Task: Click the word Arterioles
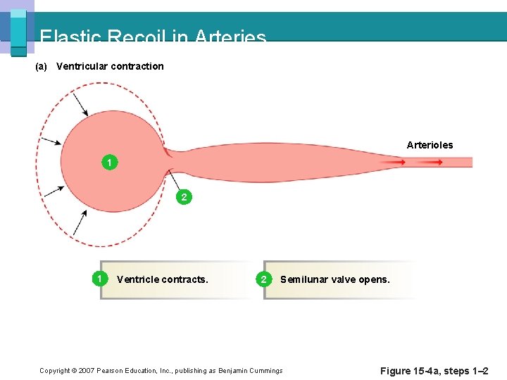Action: [430, 145]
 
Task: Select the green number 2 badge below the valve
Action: [184, 197]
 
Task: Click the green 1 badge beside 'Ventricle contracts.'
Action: [101, 279]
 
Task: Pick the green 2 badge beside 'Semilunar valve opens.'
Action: [264, 279]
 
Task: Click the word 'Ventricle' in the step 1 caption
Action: [137, 279]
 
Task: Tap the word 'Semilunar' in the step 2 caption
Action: [303, 279]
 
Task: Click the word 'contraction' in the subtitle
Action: [137, 66]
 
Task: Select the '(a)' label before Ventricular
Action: [41, 66]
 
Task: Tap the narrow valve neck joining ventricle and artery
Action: [170, 161]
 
